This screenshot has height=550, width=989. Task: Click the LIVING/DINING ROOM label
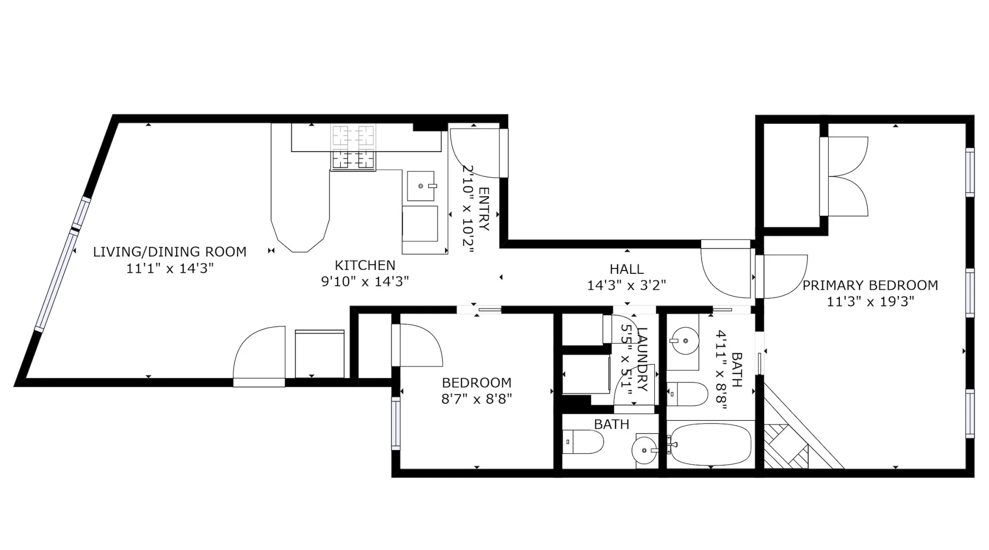point(170,252)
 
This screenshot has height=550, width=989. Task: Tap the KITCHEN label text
point(365,265)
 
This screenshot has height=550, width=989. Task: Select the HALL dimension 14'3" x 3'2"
point(626,285)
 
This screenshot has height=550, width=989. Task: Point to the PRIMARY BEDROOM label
point(870,285)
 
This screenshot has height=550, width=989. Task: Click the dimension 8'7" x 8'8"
point(477,399)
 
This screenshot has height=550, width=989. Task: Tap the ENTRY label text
point(484,209)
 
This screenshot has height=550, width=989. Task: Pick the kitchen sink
point(421,186)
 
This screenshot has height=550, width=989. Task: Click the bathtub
point(710,444)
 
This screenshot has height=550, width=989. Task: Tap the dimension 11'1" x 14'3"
point(170,268)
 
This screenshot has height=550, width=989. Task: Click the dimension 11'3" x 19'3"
point(870,302)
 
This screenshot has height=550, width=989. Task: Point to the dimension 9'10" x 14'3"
point(365,281)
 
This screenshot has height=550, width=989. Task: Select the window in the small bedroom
point(396,423)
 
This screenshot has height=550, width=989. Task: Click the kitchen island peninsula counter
point(300,188)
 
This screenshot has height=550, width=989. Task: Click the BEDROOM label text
point(477,382)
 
